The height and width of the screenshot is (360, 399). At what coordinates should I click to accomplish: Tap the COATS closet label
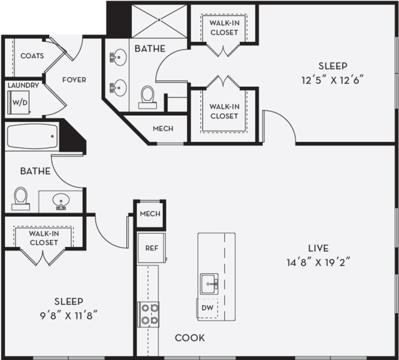(32, 56)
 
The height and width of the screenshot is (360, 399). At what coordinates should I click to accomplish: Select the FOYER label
(74, 80)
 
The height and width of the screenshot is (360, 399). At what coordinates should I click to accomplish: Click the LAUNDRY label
(24, 86)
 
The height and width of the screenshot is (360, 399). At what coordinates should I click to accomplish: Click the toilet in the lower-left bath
(21, 198)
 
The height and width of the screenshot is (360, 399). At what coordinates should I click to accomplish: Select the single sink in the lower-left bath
(61, 201)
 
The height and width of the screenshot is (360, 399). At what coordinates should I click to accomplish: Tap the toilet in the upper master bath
(148, 96)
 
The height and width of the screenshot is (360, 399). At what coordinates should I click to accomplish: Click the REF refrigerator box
(150, 247)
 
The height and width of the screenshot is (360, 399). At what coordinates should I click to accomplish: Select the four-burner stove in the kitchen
(148, 314)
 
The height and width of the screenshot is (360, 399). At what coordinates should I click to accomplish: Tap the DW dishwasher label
(207, 308)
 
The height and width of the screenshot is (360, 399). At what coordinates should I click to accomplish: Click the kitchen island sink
(210, 282)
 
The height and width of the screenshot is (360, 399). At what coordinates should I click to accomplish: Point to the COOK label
(189, 338)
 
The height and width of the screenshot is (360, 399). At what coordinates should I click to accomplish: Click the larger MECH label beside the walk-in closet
(163, 129)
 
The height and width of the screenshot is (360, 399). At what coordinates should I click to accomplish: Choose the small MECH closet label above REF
(150, 214)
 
